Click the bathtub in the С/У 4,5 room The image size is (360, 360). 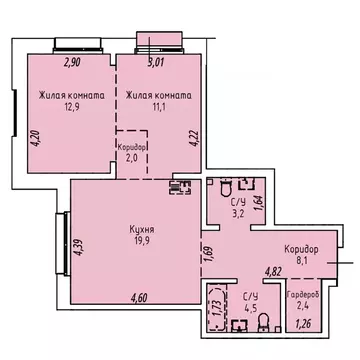(x=216, y=309)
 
